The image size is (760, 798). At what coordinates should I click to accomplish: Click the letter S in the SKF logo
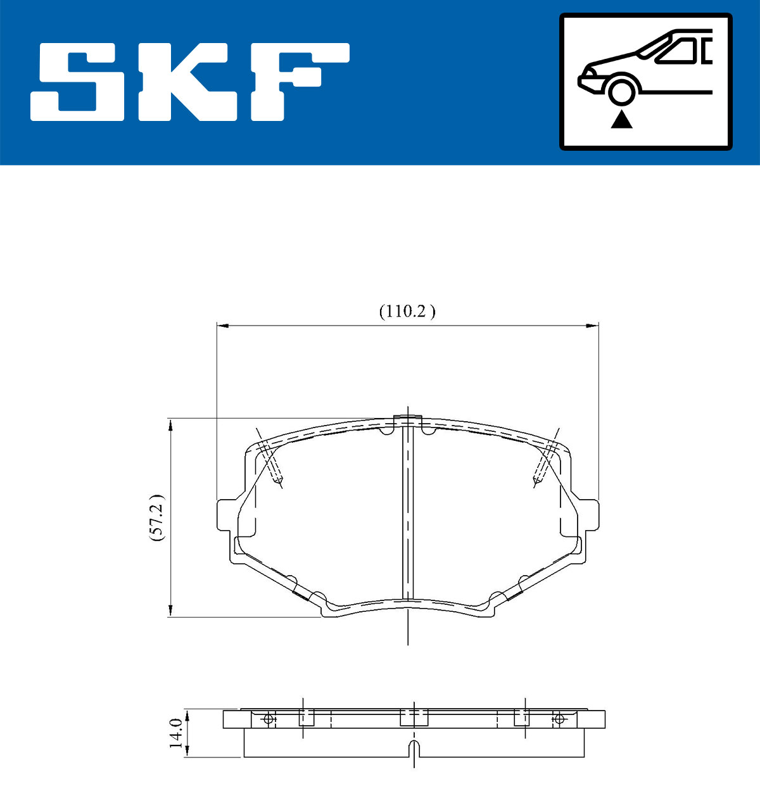[x=79, y=82]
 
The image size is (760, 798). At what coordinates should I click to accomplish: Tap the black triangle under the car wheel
[x=622, y=119]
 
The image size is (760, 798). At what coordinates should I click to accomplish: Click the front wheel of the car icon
[x=621, y=90]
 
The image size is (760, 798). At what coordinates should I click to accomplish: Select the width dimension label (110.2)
[x=407, y=312]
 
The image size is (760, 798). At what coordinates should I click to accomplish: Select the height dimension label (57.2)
[x=156, y=517]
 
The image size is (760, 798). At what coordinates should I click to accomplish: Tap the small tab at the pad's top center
[x=408, y=420]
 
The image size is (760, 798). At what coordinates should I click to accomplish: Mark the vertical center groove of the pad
[x=408, y=513]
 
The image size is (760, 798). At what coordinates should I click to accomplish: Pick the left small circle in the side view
[x=268, y=719]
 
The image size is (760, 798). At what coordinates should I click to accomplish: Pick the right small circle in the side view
[x=558, y=719]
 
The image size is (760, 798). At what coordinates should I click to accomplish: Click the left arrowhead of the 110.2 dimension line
[x=221, y=326]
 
